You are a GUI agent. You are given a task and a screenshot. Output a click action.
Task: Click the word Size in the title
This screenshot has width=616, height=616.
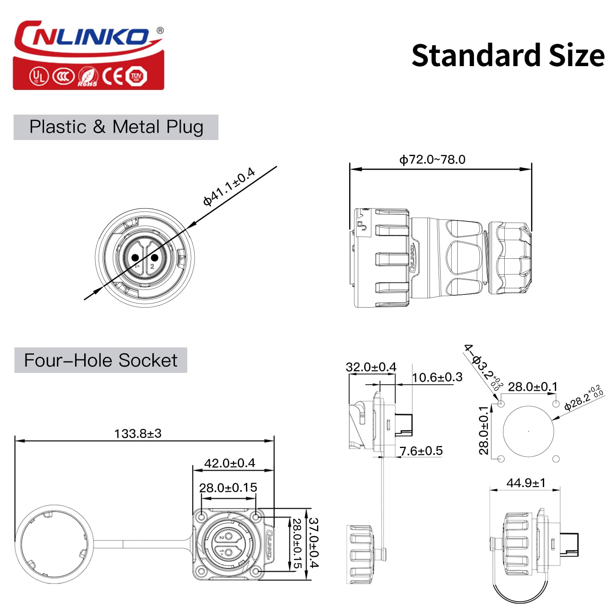577,56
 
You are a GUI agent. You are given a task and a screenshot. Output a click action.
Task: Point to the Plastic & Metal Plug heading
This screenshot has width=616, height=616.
116,127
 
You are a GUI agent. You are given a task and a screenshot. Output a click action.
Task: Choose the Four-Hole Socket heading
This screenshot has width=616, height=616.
101,360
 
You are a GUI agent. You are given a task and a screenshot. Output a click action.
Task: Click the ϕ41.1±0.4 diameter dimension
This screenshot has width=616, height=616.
229,186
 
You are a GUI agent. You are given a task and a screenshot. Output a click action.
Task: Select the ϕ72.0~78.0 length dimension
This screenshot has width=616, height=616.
432,159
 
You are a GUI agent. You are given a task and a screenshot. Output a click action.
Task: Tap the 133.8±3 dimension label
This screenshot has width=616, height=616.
138,433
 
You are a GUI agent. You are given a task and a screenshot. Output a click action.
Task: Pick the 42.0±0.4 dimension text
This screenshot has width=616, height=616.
230,463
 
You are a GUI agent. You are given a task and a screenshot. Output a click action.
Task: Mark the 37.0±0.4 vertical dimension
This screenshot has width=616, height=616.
313,542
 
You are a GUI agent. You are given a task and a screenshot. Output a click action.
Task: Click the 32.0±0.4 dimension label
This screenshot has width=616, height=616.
371,367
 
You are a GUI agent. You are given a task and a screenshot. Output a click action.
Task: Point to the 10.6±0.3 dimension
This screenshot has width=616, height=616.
437,377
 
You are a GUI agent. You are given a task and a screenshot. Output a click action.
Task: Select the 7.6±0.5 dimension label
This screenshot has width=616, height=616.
421,451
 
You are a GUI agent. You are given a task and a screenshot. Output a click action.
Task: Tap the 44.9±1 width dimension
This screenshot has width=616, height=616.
526,483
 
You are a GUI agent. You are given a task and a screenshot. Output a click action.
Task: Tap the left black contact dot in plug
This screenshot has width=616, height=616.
135,258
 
